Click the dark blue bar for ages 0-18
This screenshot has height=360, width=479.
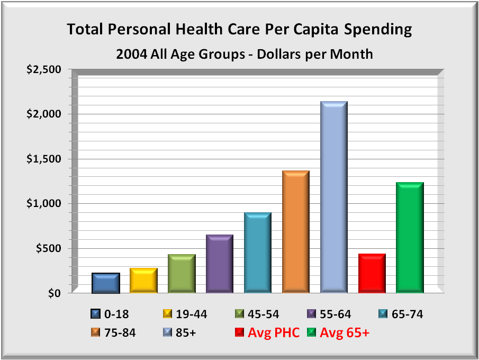click(x=105, y=283)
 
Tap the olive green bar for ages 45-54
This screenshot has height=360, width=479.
click(x=182, y=274)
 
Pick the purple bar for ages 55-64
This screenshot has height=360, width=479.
click(x=220, y=264)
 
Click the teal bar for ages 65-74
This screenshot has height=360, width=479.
click(x=258, y=253)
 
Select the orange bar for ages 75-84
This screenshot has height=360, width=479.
click(x=296, y=232)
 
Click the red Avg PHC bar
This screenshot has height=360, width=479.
click(x=372, y=273)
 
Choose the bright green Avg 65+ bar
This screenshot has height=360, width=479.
click(x=410, y=238)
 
